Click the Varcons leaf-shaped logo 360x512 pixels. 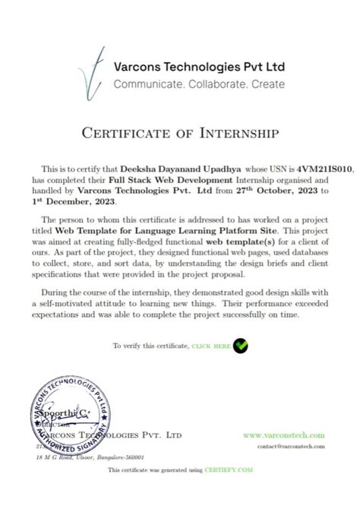point(92,71)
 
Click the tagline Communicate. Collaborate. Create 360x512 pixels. point(199,84)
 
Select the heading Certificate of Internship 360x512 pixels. point(180,134)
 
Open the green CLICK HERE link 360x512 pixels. point(211,346)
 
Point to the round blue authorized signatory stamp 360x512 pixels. point(69,416)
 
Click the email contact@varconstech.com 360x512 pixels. point(291,447)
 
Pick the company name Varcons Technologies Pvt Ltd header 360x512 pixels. point(199,66)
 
